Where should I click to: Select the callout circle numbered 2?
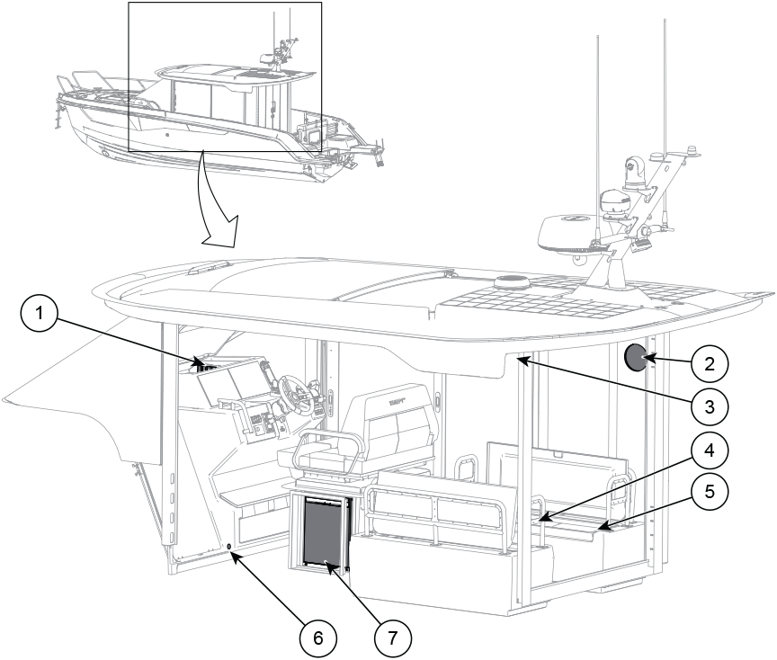(710, 364)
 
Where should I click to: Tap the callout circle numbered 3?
(710, 406)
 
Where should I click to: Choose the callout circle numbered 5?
(710, 492)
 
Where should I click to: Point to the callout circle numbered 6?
(318, 638)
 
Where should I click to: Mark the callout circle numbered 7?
(392, 638)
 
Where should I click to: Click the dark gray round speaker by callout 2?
(636, 358)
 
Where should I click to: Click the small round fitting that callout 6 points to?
(229, 547)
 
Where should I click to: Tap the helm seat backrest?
(391, 415)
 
